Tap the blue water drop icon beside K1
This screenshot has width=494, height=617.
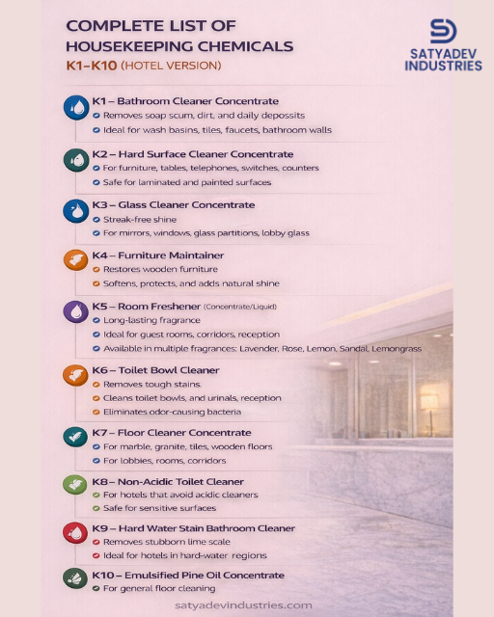75,108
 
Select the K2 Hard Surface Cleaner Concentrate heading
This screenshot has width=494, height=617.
199,154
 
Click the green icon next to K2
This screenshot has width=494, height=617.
75,160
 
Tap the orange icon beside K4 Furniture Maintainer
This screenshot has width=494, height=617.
75,260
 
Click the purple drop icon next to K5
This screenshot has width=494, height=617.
75,312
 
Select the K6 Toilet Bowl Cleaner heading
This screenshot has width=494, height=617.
169,370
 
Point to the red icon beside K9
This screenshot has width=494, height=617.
75,533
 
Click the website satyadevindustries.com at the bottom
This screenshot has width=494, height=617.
243,604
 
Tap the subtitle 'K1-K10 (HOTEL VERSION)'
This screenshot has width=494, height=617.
143,66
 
